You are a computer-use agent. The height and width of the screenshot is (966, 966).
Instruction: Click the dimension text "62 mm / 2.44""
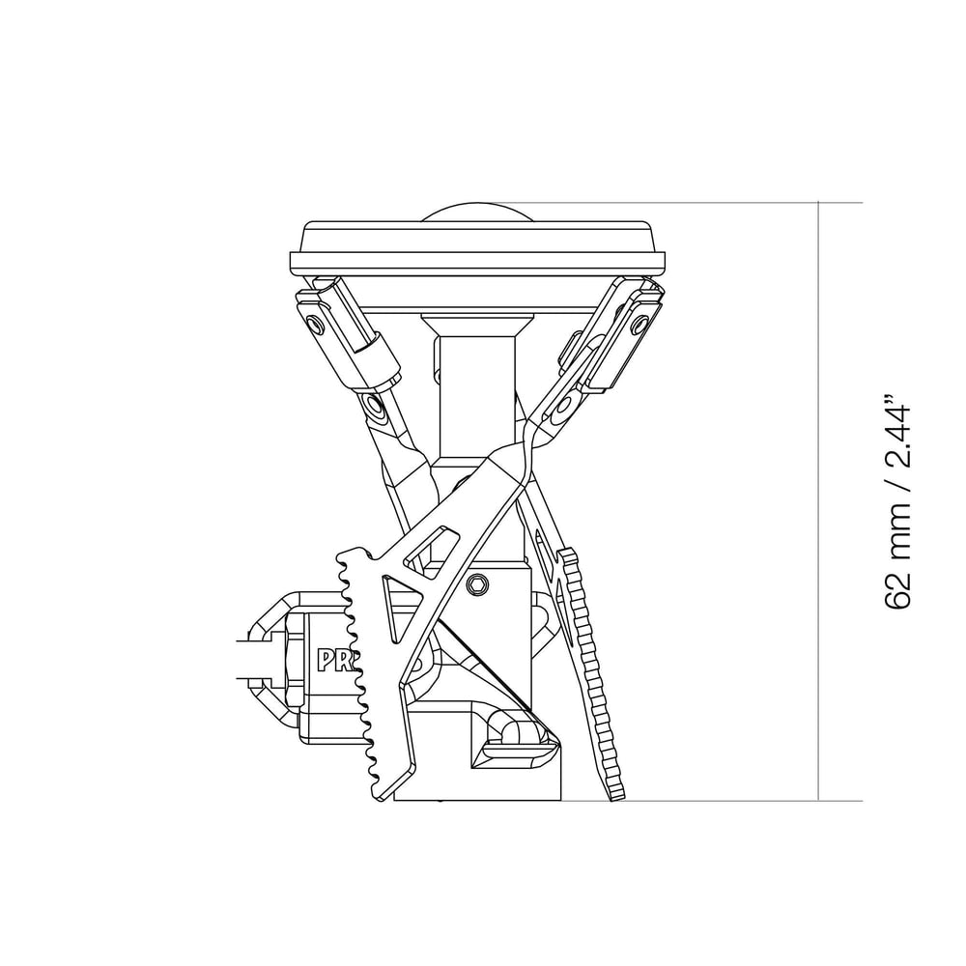(897, 500)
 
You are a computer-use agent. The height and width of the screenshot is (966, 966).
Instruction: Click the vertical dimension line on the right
(819, 502)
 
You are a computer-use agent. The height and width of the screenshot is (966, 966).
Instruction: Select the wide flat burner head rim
(478, 261)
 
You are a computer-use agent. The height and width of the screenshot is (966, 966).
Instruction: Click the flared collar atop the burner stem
(476, 324)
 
